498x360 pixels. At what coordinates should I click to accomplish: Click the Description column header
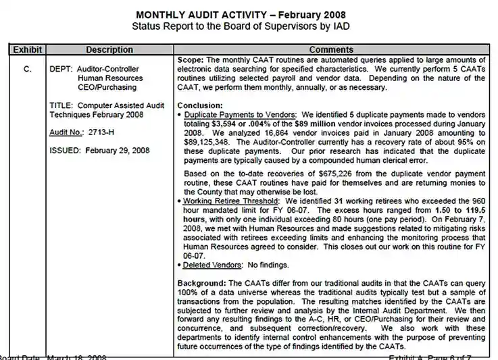pyautogui.click(x=109, y=49)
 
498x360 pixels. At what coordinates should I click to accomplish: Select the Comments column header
pyautogui.click(x=330, y=49)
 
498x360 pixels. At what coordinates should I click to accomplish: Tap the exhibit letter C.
pyautogui.click(x=28, y=69)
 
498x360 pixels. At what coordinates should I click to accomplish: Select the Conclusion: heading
pyautogui.click(x=200, y=105)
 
